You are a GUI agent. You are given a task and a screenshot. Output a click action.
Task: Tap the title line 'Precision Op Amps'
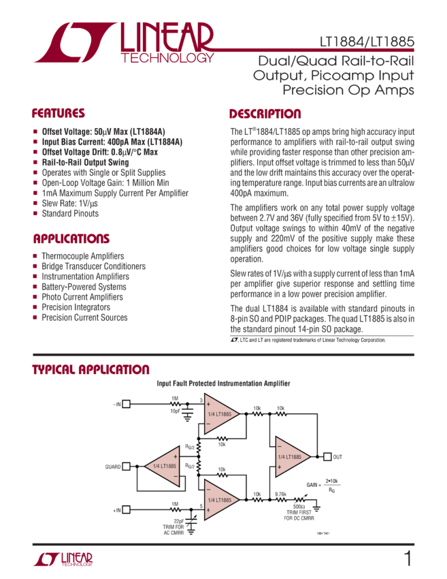coord(348,90)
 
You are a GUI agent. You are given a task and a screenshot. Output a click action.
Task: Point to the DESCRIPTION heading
coord(265,114)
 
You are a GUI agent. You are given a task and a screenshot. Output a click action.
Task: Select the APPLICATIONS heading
coord(71,239)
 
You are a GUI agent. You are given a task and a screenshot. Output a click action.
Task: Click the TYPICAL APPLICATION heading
coord(91,370)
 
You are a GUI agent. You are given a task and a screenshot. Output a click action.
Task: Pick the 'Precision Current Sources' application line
coord(85,317)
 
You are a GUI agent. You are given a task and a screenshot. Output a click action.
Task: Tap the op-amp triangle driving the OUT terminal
coord(292,456)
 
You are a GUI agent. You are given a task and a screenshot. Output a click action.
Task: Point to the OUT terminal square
coord(327,456)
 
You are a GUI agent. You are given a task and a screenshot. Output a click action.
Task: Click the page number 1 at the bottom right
coord(407,560)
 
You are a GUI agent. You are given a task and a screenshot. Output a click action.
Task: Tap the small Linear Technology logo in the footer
coord(63,559)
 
